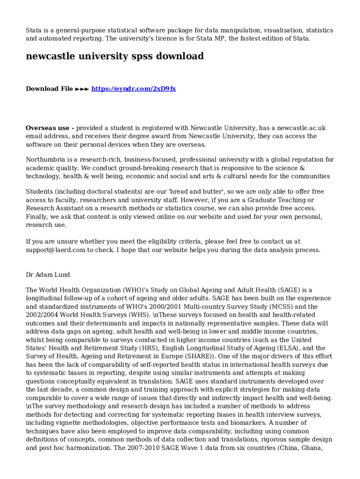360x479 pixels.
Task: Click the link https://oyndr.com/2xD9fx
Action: point(133,88)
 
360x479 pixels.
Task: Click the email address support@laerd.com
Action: point(56,250)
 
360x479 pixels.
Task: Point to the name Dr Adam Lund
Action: point(48,275)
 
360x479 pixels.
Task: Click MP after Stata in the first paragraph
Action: point(219,38)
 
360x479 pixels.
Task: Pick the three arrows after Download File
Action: point(82,88)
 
